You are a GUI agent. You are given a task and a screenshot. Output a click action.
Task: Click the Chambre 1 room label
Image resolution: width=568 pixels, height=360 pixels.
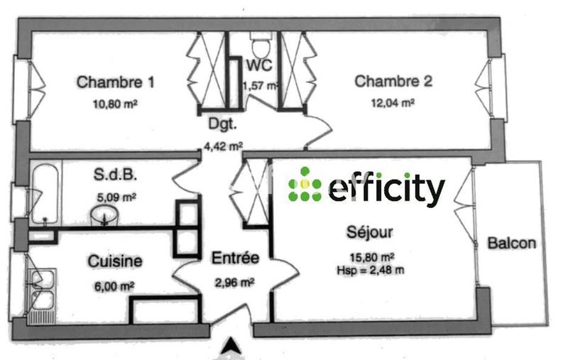[x=116, y=82]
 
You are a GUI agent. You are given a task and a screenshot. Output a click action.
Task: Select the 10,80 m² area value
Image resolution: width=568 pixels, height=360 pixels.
[x=115, y=103]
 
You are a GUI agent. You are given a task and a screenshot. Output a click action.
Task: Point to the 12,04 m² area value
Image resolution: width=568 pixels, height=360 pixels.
[x=393, y=102]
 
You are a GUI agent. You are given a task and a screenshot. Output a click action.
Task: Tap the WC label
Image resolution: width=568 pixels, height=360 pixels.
[x=259, y=66]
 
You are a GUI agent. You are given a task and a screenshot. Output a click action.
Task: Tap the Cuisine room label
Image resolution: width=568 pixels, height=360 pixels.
[x=115, y=261]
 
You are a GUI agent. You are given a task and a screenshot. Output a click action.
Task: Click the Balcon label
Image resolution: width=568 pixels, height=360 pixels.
[x=511, y=244]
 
